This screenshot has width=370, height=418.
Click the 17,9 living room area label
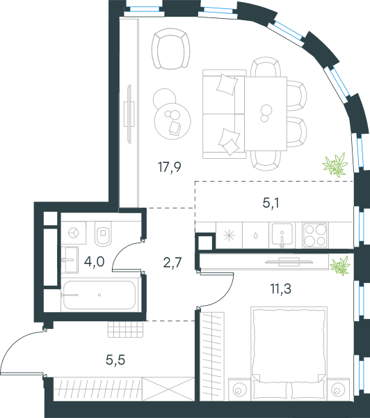point(170,168)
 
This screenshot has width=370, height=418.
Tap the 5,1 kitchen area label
point(271,203)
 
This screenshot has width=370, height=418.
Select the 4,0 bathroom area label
point(94,262)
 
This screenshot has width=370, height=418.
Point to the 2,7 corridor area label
point(172,263)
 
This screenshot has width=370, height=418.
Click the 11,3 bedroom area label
point(281,288)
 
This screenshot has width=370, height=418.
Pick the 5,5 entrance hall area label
point(115,360)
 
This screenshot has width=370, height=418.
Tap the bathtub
point(99,295)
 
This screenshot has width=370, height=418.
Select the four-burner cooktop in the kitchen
point(316,235)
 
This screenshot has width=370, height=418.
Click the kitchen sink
point(282,235)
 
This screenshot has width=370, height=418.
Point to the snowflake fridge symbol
point(229,235)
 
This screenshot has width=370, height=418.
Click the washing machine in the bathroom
point(74,233)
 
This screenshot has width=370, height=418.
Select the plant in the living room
point(335,164)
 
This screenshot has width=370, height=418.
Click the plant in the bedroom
point(340,265)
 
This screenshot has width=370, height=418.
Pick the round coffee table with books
point(172,121)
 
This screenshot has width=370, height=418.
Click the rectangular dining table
point(266,114)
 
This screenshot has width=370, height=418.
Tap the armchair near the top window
point(171,49)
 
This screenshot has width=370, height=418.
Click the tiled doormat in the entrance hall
point(126,330)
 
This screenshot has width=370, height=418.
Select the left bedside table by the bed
point(239,389)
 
